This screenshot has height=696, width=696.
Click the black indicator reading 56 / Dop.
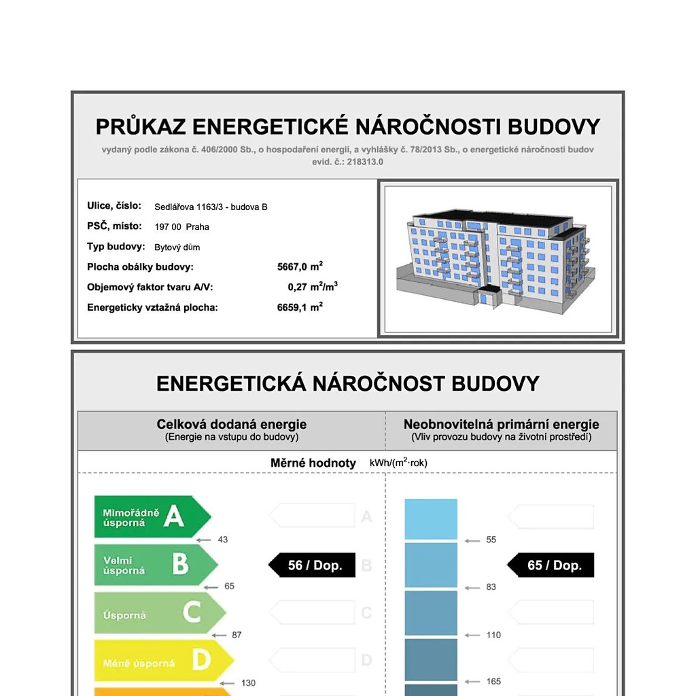coord(313,565)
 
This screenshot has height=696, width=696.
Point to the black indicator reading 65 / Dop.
coord(552,565)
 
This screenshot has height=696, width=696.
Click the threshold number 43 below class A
coord(223,540)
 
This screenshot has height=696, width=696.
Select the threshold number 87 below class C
coord(237,635)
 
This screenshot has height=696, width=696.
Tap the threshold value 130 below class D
coord(248,682)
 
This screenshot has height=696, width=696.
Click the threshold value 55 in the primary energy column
coord(491,540)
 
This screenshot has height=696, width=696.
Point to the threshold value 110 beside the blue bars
coord(493,635)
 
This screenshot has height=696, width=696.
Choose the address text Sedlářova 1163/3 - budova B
coord(211,207)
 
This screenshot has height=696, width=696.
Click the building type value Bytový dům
coord(177,247)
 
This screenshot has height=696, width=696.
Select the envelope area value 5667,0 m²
coord(300,267)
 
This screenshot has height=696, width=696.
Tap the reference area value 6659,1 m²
coord(300,307)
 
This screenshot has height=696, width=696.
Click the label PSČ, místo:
coord(114,226)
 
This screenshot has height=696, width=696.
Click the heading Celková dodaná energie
coord(231,425)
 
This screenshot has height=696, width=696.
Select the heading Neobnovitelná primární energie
coord(501,425)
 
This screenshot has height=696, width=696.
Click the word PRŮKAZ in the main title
coord(141,127)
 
